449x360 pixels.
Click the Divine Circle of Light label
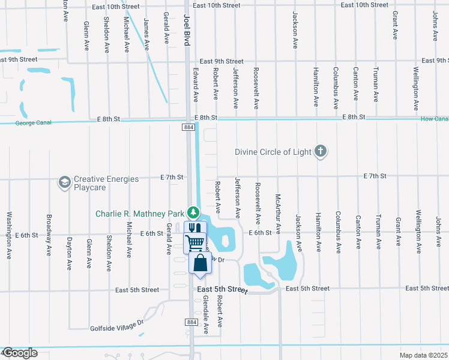point(273,152)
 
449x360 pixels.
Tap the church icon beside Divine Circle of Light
point(321,151)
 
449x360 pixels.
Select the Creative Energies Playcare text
point(106,183)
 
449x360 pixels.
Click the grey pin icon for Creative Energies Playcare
point(64,181)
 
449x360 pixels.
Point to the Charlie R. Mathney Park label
point(140,214)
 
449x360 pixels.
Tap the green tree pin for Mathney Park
point(193,212)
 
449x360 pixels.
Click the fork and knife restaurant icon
point(194,228)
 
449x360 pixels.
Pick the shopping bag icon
point(200,263)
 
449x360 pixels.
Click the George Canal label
point(34,122)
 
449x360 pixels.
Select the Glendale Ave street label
point(205,314)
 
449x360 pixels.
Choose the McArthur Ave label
point(278,205)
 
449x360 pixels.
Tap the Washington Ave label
point(10,235)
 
